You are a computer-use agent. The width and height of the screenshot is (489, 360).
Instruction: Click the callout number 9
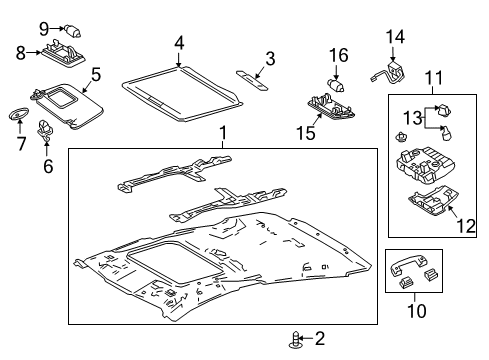click(44, 29)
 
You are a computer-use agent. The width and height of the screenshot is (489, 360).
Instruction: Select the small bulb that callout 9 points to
click(73, 31)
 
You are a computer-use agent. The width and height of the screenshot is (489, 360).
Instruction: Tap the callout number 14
click(395, 37)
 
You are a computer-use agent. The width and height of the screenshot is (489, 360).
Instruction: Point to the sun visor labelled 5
click(68, 104)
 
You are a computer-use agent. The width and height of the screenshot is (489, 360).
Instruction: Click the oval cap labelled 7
click(18, 113)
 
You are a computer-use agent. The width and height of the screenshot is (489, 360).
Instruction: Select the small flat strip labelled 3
click(252, 80)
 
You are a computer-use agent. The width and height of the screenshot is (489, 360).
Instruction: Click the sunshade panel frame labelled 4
click(182, 94)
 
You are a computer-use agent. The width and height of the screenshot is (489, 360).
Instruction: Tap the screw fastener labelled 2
click(295, 340)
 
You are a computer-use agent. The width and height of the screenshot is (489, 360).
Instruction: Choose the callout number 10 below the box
click(417, 310)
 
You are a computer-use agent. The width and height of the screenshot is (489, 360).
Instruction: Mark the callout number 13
click(413, 118)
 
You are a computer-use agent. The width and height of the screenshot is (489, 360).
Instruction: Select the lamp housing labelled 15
click(331, 107)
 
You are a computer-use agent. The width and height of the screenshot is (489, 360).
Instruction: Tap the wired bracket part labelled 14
click(389, 73)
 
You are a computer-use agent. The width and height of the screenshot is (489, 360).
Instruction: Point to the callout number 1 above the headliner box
click(223, 133)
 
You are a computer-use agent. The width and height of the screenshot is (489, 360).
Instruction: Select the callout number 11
click(433, 78)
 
